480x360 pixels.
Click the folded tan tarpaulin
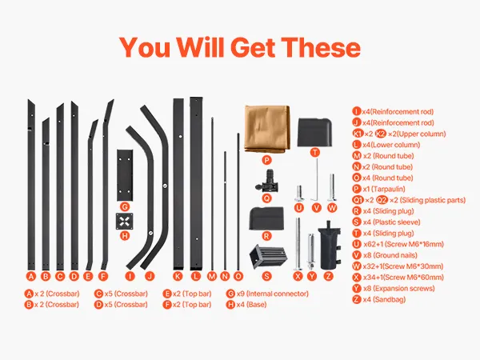coord(266,129)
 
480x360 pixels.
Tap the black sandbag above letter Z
coord(329,245)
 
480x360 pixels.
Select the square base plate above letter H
coord(124,222)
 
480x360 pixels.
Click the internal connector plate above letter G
coord(125,175)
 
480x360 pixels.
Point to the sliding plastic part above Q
coord(267,182)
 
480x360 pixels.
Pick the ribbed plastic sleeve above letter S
coord(268,257)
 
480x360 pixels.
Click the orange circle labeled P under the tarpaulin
coord(267,160)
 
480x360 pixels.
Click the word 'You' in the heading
coord(145,47)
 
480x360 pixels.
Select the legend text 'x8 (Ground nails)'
coord(390,255)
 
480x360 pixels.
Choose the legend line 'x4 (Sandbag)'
coord(384,299)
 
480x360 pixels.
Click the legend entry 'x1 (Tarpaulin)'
coord(384,189)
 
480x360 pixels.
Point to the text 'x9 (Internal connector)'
coord(272,294)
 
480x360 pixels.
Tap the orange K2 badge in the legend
coord(381,134)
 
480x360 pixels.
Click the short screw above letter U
coord(299,193)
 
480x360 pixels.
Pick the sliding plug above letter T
coord(314,132)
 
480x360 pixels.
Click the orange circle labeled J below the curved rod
coord(150,276)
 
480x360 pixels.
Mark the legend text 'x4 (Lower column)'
coord(391,145)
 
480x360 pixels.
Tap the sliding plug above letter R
coord(267,218)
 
